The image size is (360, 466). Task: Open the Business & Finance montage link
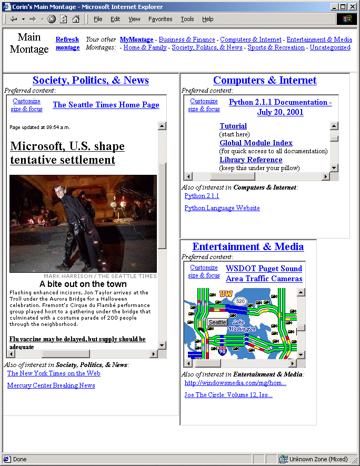[187, 39]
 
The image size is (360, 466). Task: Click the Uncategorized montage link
[329, 47]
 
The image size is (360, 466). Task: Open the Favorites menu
[160, 19]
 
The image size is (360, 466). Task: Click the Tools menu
[187, 19]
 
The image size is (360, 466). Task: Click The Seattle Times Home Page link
[106, 105]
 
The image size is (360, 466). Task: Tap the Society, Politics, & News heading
[91, 80]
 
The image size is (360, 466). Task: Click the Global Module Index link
[256, 143]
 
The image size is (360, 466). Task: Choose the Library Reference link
[251, 160]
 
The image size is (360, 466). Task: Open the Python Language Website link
[222, 208]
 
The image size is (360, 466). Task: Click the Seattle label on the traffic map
[217, 322]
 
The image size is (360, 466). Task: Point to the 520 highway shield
[241, 301]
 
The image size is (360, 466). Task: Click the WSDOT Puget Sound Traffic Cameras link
[264, 273]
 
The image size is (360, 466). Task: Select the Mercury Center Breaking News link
[51, 385]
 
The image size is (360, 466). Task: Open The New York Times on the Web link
[54, 373]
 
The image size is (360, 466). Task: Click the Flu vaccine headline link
[77, 339]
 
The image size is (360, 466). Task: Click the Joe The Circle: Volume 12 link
[228, 395]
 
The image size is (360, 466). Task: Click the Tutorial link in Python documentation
[233, 126]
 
